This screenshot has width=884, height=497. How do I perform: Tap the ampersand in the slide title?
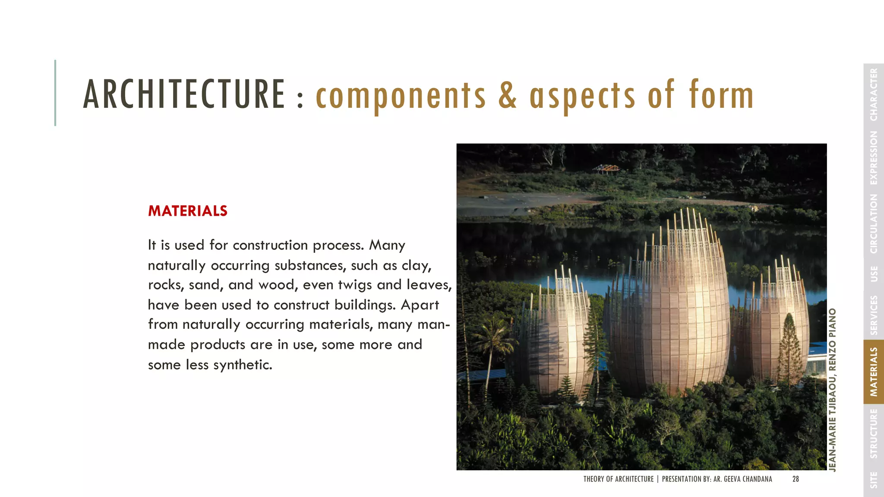click(507, 95)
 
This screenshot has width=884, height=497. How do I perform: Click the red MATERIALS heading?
click(187, 211)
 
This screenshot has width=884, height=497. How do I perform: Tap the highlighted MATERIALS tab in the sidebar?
click(874, 372)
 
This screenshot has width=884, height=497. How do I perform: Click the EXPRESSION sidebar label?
click(874, 158)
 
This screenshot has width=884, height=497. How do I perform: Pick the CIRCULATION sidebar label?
click(874, 224)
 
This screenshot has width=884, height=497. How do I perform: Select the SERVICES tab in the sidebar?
click(874, 315)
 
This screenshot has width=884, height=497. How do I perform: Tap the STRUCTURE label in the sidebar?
click(874, 434)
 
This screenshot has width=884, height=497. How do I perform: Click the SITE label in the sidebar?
click(874, 480)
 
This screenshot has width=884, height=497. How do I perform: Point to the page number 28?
click(796, 479)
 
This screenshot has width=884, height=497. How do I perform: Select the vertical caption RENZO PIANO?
click(833, 340)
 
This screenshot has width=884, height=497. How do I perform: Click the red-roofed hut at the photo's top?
click(606, 168)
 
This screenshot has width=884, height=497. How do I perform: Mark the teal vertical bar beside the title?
click(55, 93)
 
